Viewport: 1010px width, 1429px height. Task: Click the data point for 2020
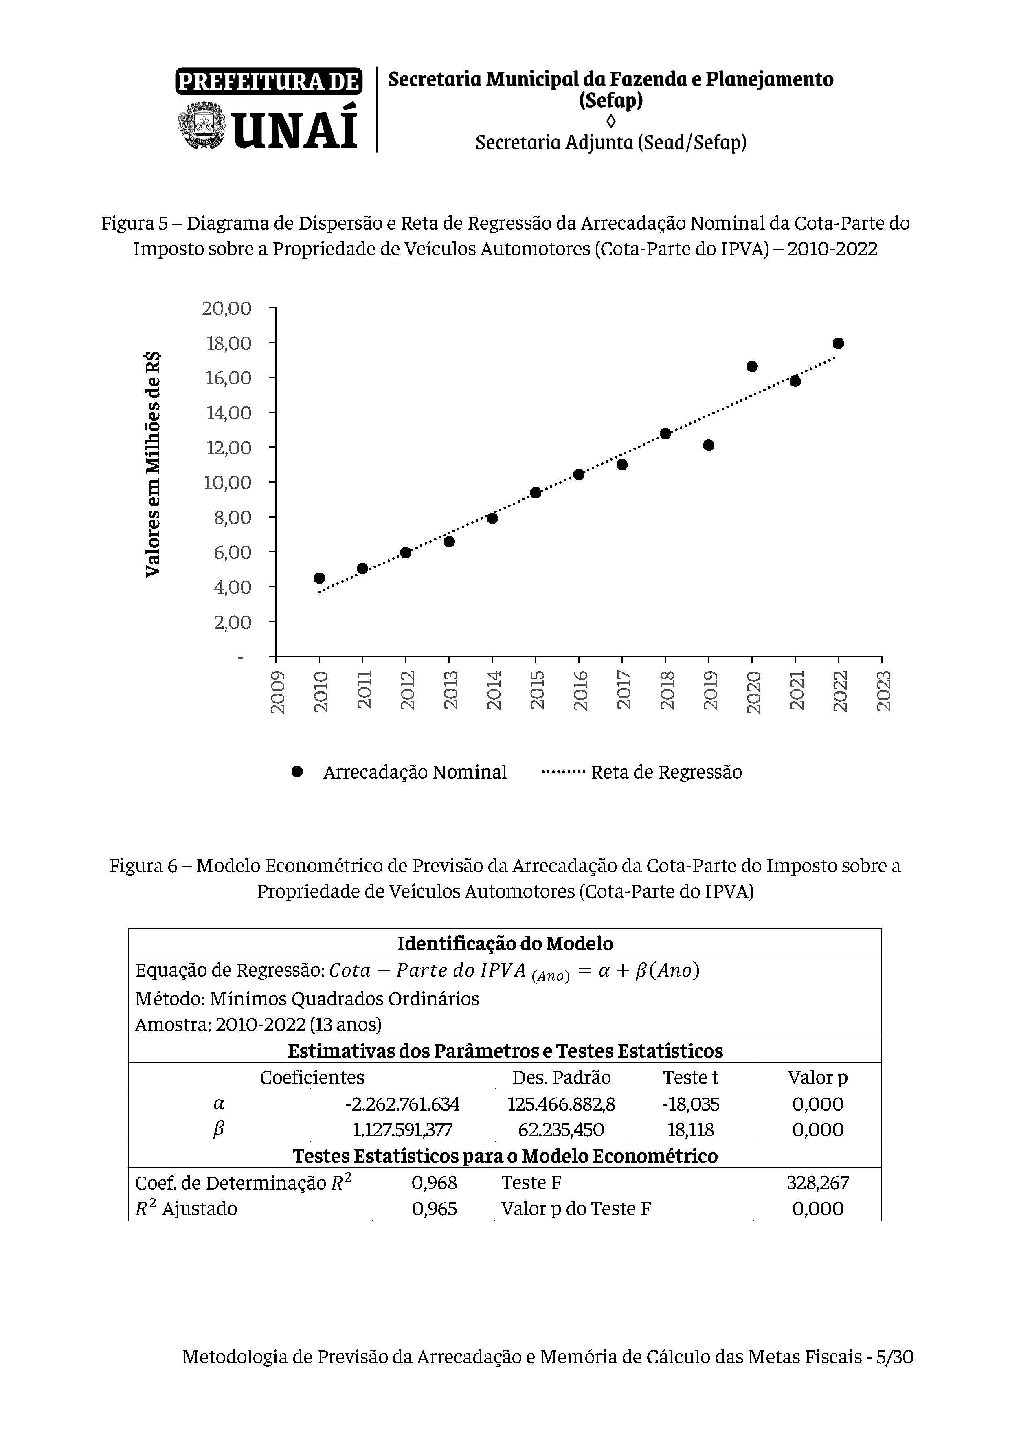pos(752,367)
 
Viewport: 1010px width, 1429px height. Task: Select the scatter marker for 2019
pos(708,445)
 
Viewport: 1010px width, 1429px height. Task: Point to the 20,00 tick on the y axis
pos(226,308)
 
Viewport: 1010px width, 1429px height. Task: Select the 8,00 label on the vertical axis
pos(232,517)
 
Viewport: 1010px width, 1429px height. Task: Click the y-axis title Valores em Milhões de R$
pos(152,464)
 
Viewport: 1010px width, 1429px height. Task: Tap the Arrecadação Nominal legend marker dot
pos(297,772)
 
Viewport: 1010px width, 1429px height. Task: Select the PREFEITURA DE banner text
pos(269,81)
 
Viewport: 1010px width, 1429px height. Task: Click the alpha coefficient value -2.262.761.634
pos(402,1104)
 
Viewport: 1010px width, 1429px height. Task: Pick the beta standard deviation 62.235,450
pos(561,1130)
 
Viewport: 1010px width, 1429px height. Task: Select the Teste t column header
pos(690,1078)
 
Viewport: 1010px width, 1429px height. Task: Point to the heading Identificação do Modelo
pos(505,944)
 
